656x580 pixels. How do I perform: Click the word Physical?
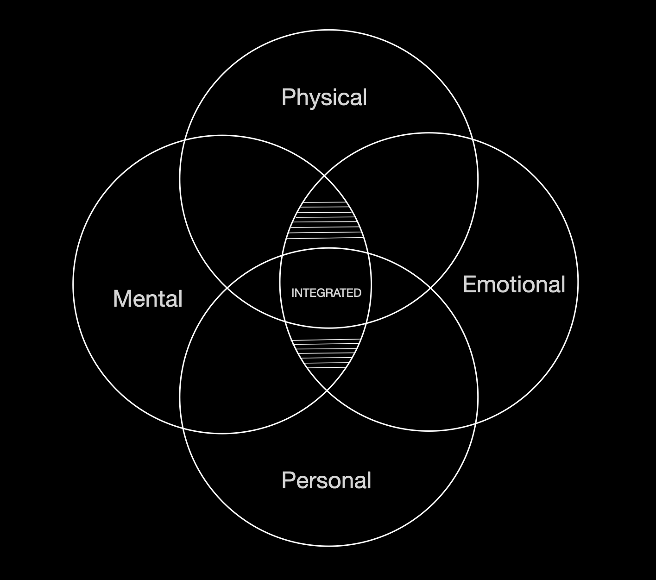pos(324,98)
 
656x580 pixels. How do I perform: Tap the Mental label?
pos(148,299)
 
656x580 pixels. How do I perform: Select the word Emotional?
pos(514,284)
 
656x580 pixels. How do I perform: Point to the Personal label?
pos(327,480)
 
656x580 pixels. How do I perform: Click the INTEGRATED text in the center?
pos(326,293)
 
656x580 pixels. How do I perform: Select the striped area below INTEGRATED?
pos(326,354)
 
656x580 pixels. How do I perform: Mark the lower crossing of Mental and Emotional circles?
pos(327,391)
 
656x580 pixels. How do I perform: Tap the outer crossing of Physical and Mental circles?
pos(185,140)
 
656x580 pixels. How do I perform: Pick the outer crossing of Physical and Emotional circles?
pos(472,139)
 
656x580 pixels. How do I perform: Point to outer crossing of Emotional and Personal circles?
pos(475,423)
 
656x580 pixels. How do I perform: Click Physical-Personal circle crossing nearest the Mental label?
pos(227,288)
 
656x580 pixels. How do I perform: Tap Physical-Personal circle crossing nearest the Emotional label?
pos(431,288)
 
